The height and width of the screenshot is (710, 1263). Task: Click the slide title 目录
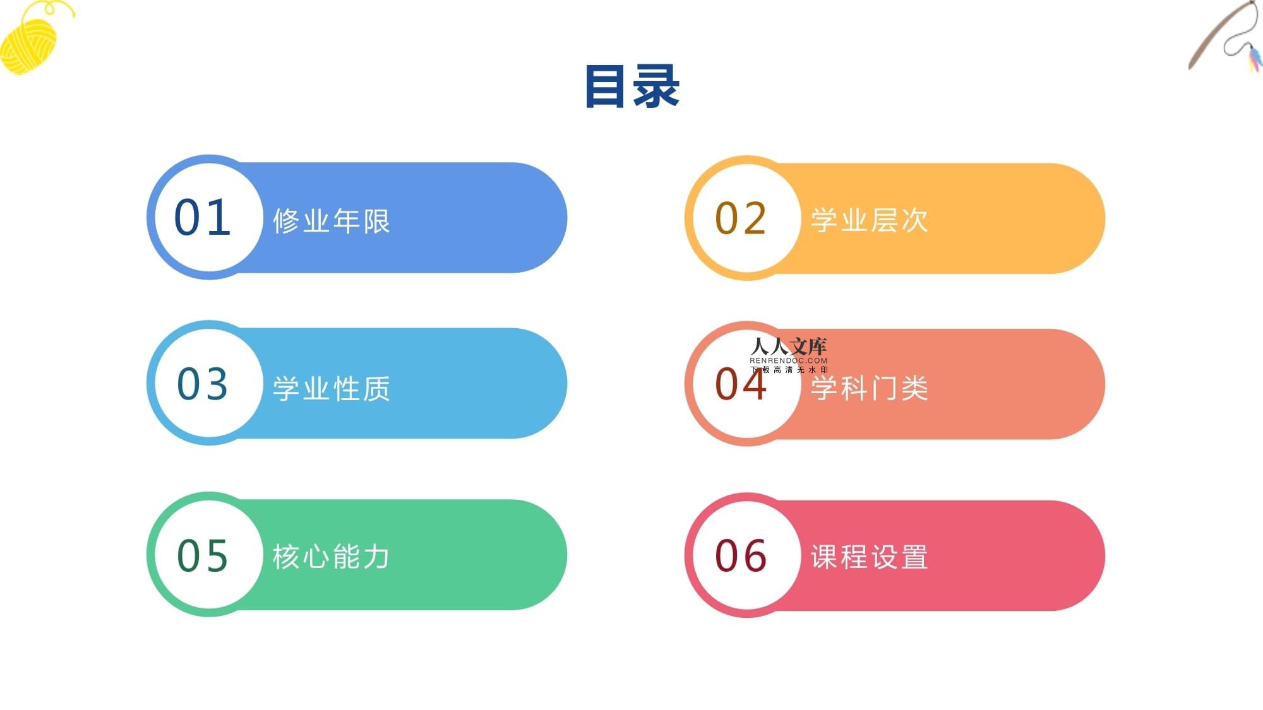[x=632, y=86]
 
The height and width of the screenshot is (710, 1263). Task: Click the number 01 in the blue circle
[x=202, y=218]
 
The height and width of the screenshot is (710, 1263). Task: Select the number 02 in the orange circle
[x=741, y=218]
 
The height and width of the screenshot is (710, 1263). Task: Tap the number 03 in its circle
[x=202, y=384]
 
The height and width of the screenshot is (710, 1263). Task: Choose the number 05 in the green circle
[x=202, y=556]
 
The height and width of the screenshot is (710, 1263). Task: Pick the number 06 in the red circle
[x=741, y=556]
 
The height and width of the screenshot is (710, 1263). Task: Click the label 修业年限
[x=332, y=221]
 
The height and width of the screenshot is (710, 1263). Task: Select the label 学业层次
[x=870, y=220]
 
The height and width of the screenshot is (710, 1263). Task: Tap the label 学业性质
[x=332, y=389]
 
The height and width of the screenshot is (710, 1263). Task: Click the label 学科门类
[x=870, y=388]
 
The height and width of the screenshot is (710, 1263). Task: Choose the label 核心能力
[x=332, y=557]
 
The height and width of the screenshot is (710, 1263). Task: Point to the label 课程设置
[x=870, y=557]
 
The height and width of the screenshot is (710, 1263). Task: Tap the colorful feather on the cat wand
[x=1254, y=58]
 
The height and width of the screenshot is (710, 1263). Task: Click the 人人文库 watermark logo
[x=789, y=346]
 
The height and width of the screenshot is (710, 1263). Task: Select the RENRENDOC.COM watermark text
[x=789, y=361]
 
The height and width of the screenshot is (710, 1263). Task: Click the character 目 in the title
[x=606, y=86]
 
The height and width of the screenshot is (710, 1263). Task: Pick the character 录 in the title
[x=657, y=86]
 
